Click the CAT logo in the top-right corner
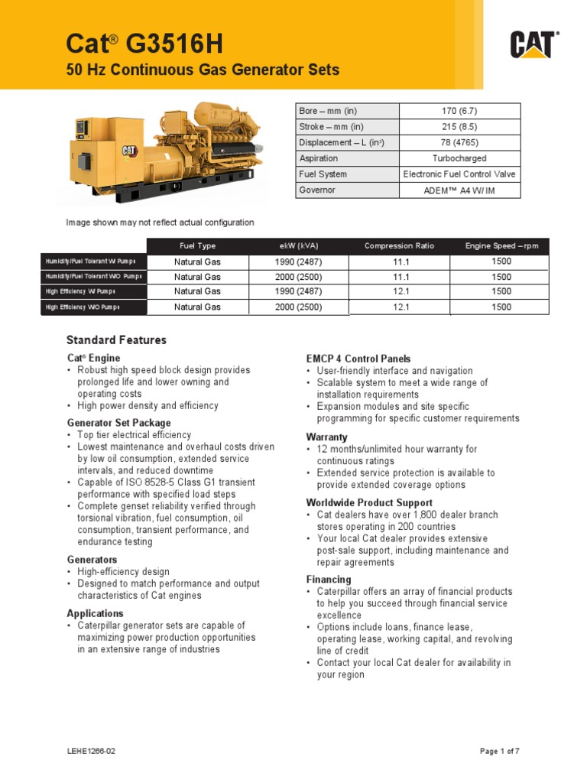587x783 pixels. [535, 45]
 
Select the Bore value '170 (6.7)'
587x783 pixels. [460, 112]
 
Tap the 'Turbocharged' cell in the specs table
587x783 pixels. [460, 158]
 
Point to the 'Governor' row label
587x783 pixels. [317, 190]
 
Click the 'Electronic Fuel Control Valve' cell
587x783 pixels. [460, 174]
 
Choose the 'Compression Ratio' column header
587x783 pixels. [399, 245]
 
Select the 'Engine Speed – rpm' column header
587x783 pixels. [501, 245]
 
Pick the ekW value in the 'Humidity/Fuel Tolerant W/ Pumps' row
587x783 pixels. [298, 262]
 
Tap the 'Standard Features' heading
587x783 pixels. [116, 340]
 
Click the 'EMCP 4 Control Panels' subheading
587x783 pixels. [358, 359]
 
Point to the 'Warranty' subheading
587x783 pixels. [327, 437]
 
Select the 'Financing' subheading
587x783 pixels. [329, 580]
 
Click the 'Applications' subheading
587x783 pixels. [95, 613]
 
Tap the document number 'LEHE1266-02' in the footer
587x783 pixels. [91, 752]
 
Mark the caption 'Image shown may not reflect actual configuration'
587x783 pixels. [160, 223]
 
